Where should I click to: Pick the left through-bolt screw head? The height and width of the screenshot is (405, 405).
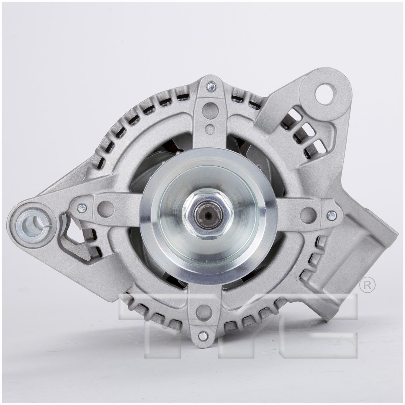click(80, 208)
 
